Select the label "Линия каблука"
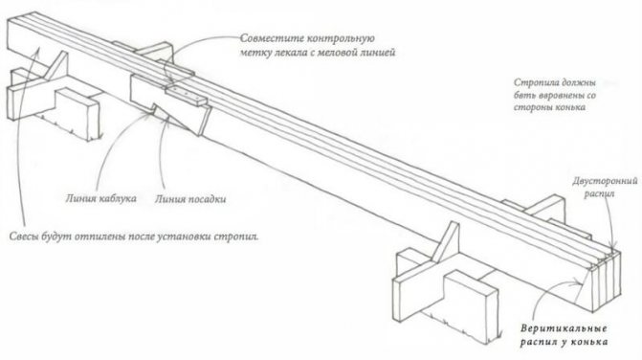[x=100, y=198]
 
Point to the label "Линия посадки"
[x=190, y=199]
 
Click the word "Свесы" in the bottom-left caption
[x=24, y=236]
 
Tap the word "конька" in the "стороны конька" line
[x=571, y=108]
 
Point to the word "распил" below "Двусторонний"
[x=599, y=193]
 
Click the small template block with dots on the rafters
[x=186, y=96]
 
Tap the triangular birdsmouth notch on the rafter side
[x=179, y=120]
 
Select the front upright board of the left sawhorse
[x=77, y=116]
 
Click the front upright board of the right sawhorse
[x=472, y=306]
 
